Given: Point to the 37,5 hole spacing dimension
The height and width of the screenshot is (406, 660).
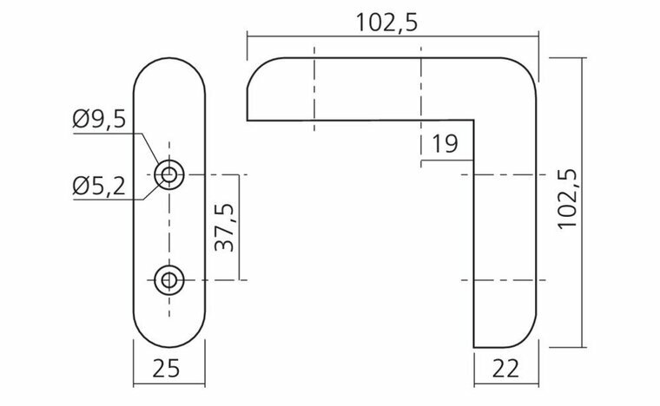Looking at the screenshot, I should pos(223,228).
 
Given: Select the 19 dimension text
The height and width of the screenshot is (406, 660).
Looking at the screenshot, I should pos(444,143).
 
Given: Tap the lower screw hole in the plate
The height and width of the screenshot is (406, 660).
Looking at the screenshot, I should pos(169,279).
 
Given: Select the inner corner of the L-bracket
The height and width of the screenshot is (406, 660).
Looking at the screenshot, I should pos(473,121).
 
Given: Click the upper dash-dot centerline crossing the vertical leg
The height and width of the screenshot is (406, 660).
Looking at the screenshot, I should pos(504,175).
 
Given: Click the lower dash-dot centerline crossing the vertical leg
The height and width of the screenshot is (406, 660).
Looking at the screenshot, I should pos(504,279).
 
